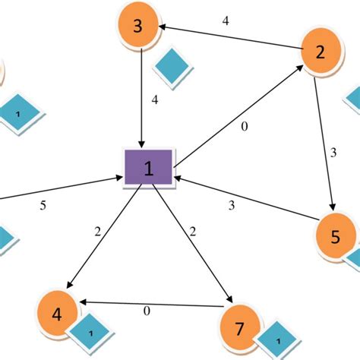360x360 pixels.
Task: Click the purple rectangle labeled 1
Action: pos(148,168)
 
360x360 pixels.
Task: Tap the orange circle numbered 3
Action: pos(138,27)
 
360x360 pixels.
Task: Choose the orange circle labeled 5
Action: pos(336,236)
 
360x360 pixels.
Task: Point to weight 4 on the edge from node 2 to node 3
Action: pos(226,21)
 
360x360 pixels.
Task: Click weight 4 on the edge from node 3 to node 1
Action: pos(155,99)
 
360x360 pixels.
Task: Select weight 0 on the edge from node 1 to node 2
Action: pos(244,127)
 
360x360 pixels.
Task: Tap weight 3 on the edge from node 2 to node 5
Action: pos(333,153)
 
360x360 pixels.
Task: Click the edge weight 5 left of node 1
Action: pos(44,204)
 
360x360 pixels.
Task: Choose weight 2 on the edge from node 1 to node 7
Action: pos(193,231)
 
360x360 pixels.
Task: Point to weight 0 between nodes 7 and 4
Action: pos(147,310)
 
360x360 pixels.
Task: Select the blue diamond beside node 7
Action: pos(278,342)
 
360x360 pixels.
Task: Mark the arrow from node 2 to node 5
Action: pos(324,137)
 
